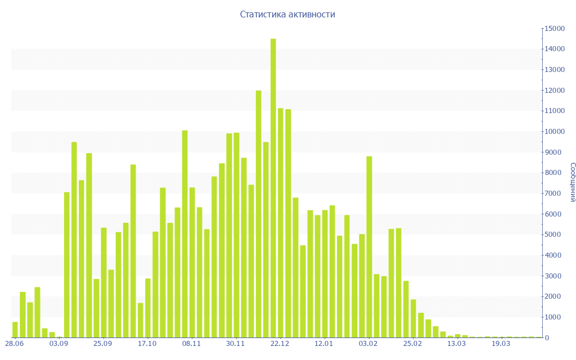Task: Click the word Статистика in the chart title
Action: pyautogui.click(x=259, y=15)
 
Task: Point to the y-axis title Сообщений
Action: pyautogui.click(x=572, y=182)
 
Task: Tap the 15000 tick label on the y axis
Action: pyautogui.click(x=553, y=29)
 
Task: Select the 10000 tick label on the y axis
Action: pyautogui.click(x=553, y=132)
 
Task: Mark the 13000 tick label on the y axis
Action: pyautogui.click(x=553, y=70)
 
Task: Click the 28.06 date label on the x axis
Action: pyautogui.click(x=15, y=344)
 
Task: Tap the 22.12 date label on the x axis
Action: pyautogui.click(x=280, y=344)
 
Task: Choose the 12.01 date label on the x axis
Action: pyautogui.click(x=324, y=344)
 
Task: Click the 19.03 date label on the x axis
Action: pyautogui.click(x=501, y=344)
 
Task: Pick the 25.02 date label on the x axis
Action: pyautogui.click(x=412, y=344)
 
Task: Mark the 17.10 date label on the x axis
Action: pyautogui.click(x=147, y=344)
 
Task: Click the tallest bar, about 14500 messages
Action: pyautogui.click(x=273, y=188)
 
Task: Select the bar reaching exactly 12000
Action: pyautogui.click(x=259, y=214)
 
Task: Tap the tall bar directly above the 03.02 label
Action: pyautogui.click(x=369, y=247)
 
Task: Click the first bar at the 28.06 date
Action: pyautogui.click(x=15, y=330)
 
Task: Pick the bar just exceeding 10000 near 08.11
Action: pyautogui.click(x=184, y=234)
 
